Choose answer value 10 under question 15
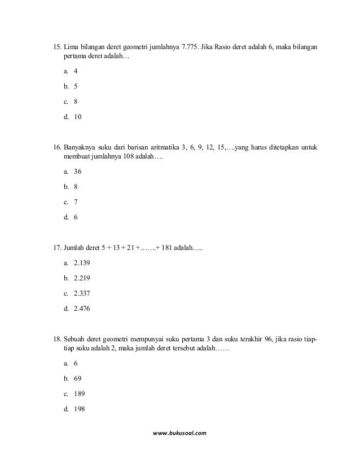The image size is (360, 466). (78, 118)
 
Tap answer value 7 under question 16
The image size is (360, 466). (76, 201)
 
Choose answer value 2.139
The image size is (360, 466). (82, 263)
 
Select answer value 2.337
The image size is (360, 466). (82, 293)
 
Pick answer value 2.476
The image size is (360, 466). (82, 309)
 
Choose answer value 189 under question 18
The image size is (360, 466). (80, 394)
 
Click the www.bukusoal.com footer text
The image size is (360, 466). (180, 433)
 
